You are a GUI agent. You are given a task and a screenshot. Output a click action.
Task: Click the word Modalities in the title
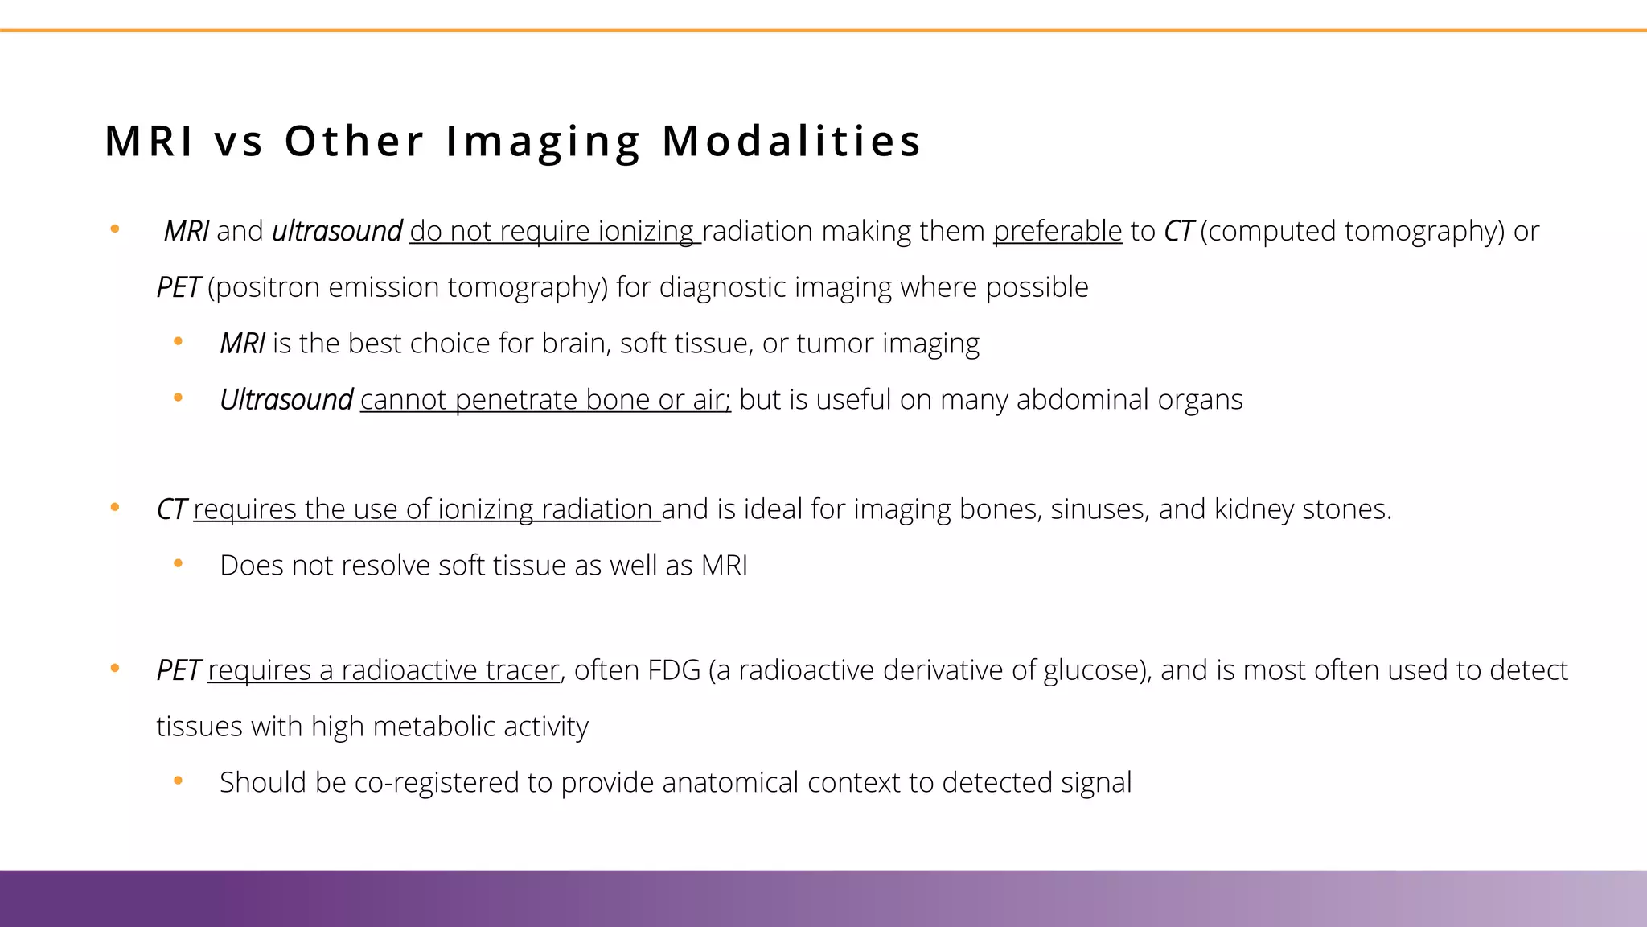point(791,141)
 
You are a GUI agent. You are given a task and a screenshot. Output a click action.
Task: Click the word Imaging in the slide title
point(543,141)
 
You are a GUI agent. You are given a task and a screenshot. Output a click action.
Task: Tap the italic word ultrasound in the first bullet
point(337,231)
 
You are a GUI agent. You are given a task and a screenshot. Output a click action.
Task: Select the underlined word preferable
point(1058,231)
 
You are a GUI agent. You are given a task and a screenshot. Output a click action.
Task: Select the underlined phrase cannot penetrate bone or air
point(544,400)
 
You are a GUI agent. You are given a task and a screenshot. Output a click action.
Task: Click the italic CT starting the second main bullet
point(171,509)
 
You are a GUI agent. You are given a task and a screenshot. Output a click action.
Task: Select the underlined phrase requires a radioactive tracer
point(383,670)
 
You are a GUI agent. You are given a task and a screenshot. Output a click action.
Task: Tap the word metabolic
point(433,727)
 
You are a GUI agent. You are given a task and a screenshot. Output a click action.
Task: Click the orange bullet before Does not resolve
point(179,564)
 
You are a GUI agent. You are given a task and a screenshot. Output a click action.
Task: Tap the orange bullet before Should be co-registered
point(179,781)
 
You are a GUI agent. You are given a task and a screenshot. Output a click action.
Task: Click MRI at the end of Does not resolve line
point(724,566)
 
